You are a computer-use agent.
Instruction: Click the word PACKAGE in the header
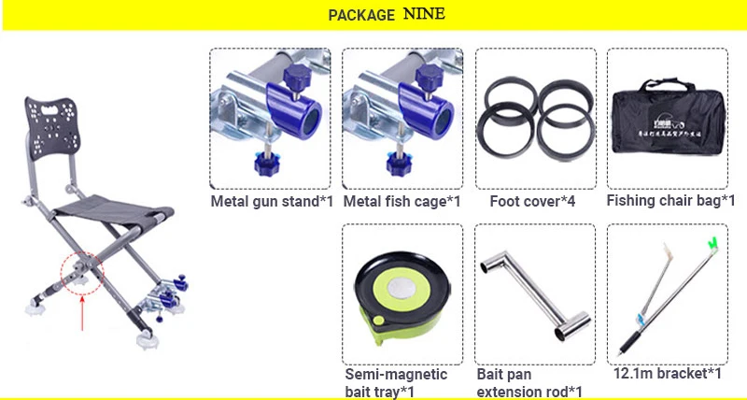361,16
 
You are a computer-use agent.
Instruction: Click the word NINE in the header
424,14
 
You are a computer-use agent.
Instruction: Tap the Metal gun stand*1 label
270,201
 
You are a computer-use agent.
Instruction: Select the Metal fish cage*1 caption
402,201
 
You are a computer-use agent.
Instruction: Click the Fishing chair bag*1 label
671,200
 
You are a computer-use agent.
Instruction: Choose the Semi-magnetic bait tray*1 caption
396,382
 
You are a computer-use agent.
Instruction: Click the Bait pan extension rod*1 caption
529,382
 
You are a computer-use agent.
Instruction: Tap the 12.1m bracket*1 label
668,374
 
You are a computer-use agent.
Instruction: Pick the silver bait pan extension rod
529,290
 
